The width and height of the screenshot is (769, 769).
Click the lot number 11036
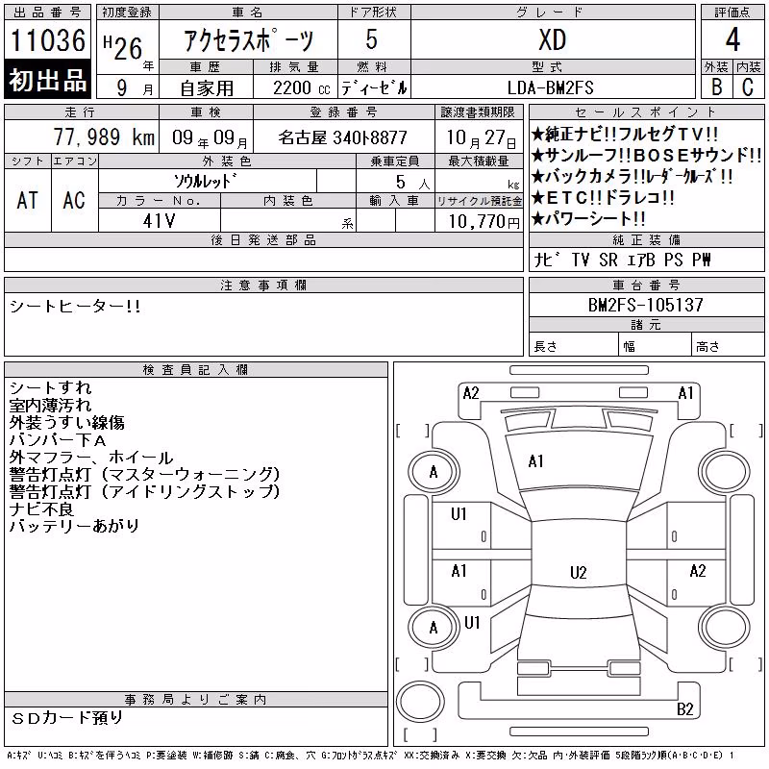pyautogui.click(x=47, y=40)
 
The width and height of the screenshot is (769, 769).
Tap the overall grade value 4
pyautogui.click(x=732, y=39)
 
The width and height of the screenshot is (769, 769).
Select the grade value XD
pyautogui.click(x=552, y=39)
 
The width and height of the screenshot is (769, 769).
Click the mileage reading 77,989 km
pyautogui.click(x=104, y=136)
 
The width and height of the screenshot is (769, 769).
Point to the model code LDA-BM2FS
pyautogui.click(x=550, y=87)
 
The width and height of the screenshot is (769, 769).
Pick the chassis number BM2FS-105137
pyautogui.click(x=645, y=305)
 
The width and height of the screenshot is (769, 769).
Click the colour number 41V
pyautogui.click(x=159, y=221)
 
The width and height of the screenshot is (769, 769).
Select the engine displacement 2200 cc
pyautogui.click(x=301, y=88)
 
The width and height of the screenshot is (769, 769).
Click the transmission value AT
pyautogui.click(x=27, y=200)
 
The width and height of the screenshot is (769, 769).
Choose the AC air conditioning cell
pyautogui.click(x=74, y=200)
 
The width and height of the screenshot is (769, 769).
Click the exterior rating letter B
pyautogui.click(x=716, y=87)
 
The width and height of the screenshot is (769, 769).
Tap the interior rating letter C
pyautogui.click(x=748, y=87)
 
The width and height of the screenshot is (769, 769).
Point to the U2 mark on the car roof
pyautogui.click(x=579, y=572)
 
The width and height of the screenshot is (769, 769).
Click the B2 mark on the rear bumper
pyautogui.click(x=684, y=709)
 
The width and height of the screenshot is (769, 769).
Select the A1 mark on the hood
pyautogui.click(x=535, y=461)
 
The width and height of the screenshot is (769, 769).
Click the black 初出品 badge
pyautogui.click(x=47, y=80)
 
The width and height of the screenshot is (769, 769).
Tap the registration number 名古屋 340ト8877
pyautogui.click(x=343, y=137)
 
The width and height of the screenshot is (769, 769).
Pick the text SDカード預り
pyautogui.click(x=66, y=718)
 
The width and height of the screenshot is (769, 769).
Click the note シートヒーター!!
pyautogui.click(x=75, y=307)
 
